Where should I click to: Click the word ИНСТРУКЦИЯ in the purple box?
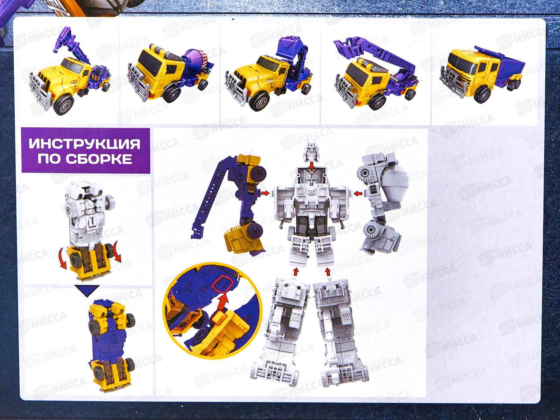point(84,143)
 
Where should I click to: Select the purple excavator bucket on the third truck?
point(291,47)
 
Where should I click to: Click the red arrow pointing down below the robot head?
point(311,166)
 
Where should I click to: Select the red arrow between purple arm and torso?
point(265,193)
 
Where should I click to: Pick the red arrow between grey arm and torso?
point(358,194)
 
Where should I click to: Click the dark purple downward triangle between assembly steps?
point(87,291)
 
